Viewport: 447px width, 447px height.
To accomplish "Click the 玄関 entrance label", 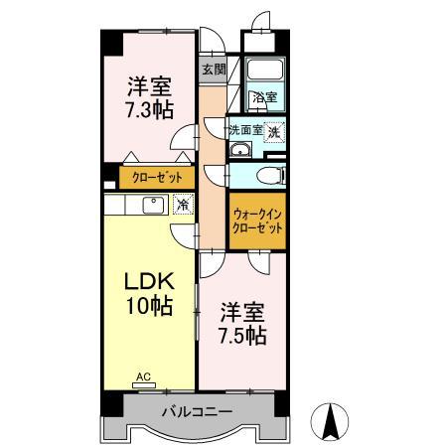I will [x=213, y=70].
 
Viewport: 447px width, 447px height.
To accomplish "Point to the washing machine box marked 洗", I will [x=273, y=130].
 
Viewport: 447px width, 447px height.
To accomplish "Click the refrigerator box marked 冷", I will [x=182, y=205].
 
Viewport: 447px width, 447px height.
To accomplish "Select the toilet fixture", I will [x=268, y=176].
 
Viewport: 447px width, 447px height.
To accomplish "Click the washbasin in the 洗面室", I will [x=240, y=151].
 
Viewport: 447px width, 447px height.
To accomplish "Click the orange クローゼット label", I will [x=151, y=179].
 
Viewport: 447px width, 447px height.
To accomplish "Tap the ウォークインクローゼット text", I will [x=257, y=220].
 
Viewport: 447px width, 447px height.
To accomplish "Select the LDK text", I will [x=147, y=281].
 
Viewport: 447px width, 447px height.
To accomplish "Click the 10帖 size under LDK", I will [x=147, y=306].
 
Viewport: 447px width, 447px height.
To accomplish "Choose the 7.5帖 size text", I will [x=241, y=335].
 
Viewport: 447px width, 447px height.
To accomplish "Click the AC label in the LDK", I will [x=143, y=377].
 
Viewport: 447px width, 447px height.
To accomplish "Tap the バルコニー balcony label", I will [x=198, y=411].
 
